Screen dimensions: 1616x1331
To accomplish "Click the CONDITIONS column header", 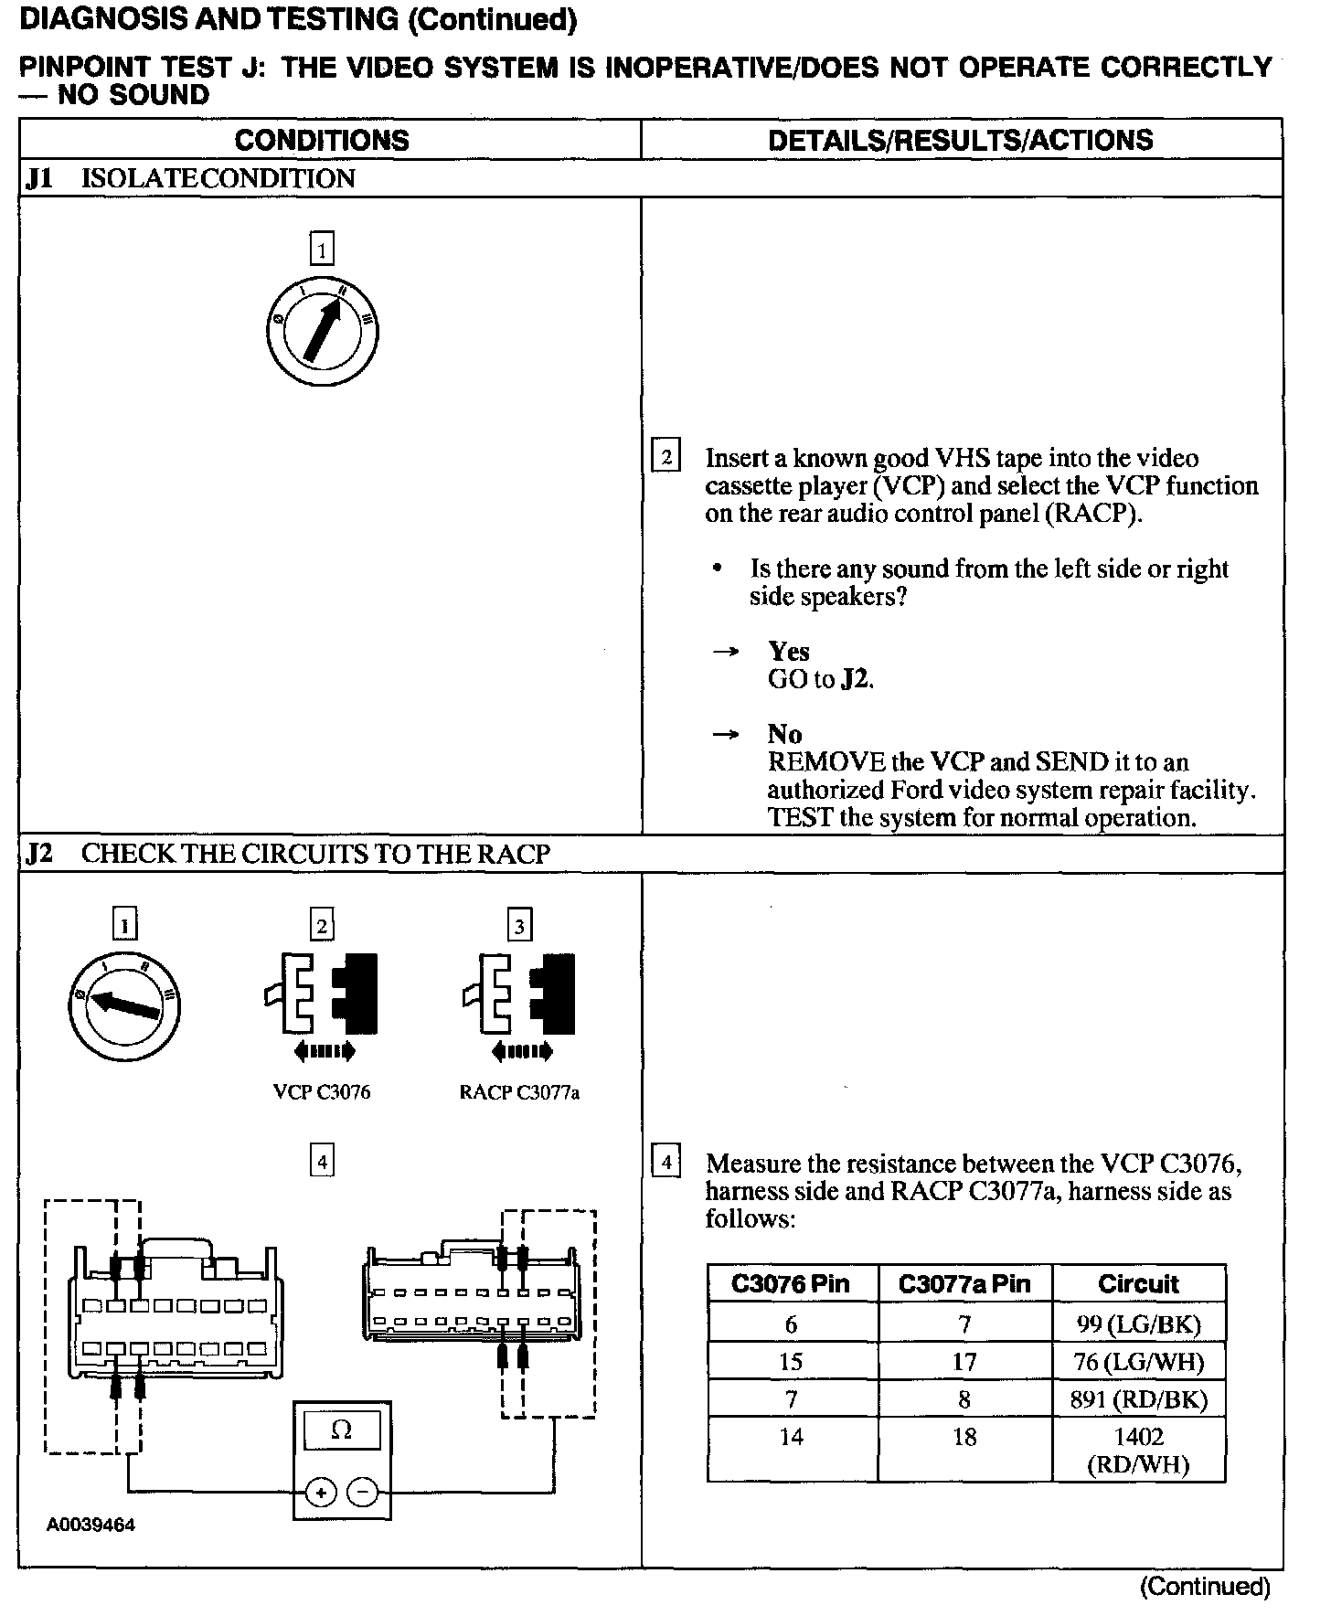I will (322, 140).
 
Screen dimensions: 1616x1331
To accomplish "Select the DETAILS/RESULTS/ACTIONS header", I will (960, 140).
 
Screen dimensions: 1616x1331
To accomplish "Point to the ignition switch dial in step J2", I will (124, 1006).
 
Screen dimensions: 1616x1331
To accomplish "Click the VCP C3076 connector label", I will (322, 1092).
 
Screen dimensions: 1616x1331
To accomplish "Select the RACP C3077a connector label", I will (519, 1092).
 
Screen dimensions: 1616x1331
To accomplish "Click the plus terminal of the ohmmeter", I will (320, 1493).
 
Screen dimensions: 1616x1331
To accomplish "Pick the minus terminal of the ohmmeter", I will (363, 1493).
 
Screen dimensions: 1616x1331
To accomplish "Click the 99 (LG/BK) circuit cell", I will (1138, 1324).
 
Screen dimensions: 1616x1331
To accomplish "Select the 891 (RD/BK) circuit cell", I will (1138, 1399).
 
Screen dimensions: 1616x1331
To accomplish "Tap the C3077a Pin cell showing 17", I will (964, 1362).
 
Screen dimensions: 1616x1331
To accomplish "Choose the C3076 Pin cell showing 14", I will (791, 1438).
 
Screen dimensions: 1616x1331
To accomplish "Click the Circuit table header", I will (1138, 1284).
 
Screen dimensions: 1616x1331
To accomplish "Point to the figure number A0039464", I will (91, 1526).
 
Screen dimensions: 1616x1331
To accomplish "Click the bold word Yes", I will (789, 652).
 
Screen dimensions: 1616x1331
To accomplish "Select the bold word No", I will (785, 735).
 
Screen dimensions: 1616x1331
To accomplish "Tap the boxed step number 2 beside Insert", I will (665, 456).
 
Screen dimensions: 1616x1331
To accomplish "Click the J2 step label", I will (39, 854).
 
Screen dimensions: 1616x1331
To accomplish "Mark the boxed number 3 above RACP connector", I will (519, 927).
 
